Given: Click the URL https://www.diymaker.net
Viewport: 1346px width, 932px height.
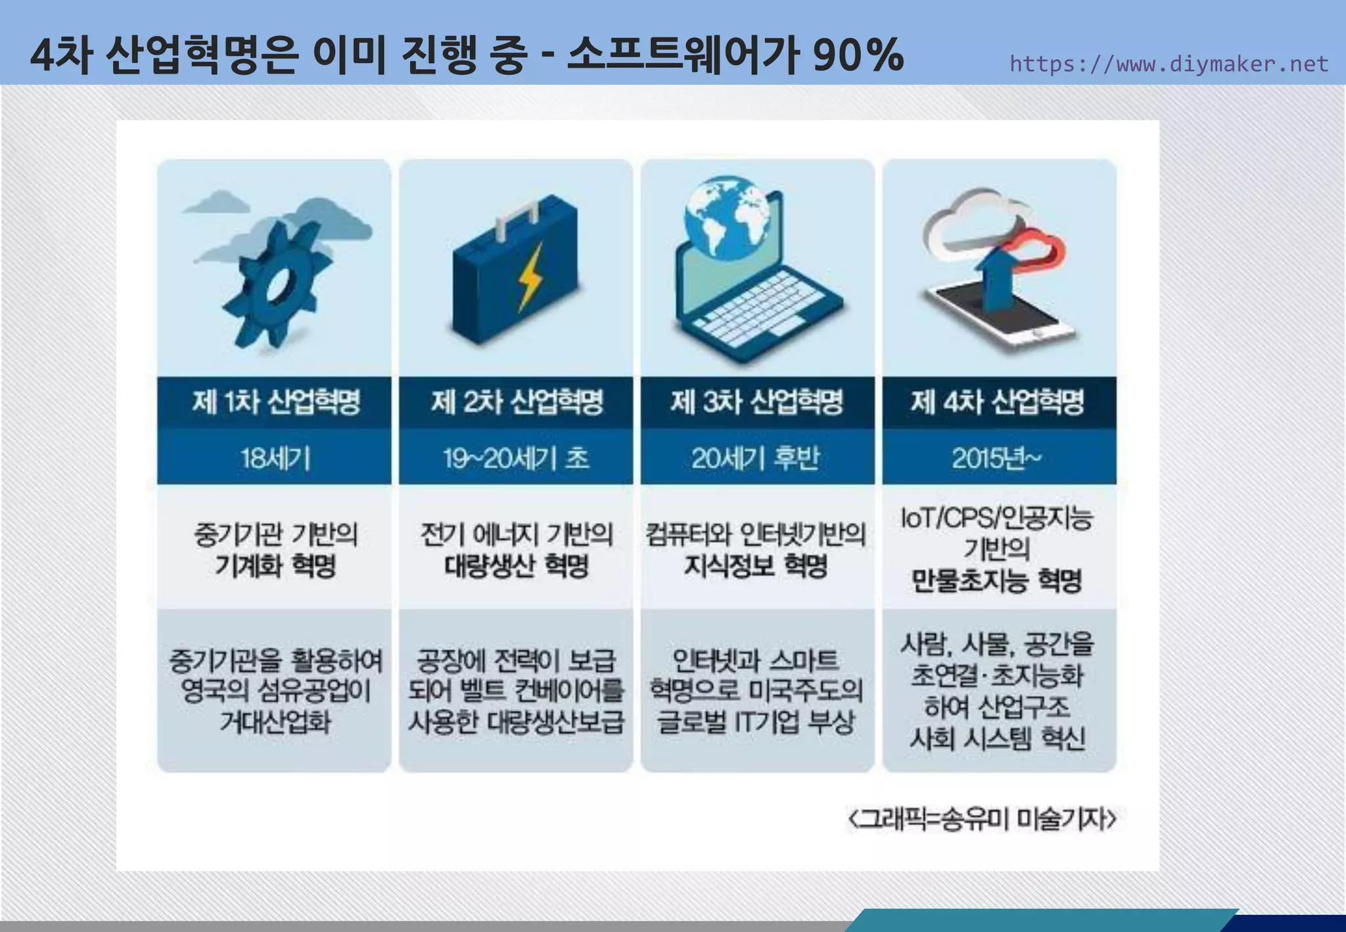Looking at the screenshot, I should pyautogui.click(x=1169, y=64).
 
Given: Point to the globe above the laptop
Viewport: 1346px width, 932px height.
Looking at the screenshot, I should pyautogui.click(x=727, y=217).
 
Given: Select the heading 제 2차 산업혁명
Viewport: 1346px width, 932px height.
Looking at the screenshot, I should pyautogui.click(x=517, y=402).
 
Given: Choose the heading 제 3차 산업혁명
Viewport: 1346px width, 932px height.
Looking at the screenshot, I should pyautogui.click(x=756, y=402).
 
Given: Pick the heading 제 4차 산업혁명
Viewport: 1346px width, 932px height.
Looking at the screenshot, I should pyautogui.click(x=997, y=402).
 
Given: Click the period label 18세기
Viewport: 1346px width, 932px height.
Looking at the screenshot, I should pyautogui.click(x=275, y=458).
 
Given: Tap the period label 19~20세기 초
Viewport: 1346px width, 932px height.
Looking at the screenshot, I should pyautogui.click(x=516, y=458).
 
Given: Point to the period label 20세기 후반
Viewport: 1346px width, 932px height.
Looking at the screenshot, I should pyautogui.click(x=755, y=458).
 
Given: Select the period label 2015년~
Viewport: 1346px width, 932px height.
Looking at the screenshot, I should pyautogui.click(x=996, y=458).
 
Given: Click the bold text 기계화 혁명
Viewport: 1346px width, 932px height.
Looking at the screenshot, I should pyautogui.click(x=275, y=565).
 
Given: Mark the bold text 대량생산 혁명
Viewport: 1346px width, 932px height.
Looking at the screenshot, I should pyautogui.click(x=517, y=565).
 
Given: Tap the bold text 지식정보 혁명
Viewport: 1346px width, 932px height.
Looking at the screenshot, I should pyautogui.click(x=756, y=565).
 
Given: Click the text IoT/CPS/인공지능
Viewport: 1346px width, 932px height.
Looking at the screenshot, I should pyautogui.click(x=996, y=518).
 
